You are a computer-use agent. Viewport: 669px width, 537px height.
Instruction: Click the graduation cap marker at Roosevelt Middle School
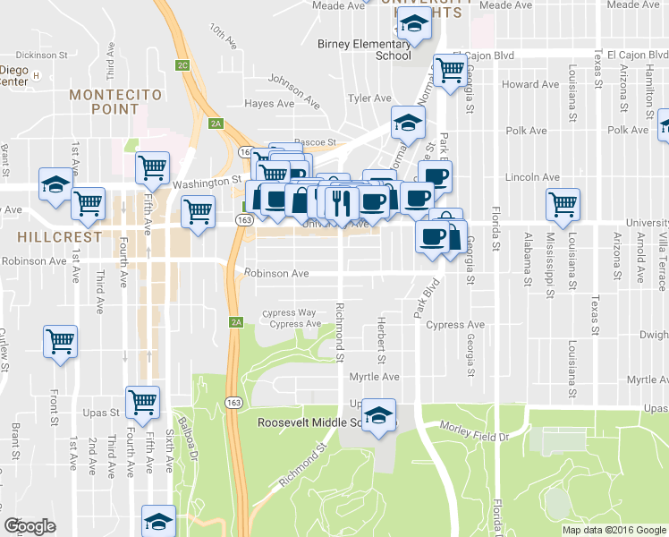click(x=380, y=414)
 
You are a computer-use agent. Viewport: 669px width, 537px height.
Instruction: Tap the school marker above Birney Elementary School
click(x=415, y=24)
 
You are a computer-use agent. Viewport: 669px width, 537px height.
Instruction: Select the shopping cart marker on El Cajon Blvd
click(x=449, y=69)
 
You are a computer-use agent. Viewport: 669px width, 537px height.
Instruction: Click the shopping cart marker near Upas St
click(x=143, y=402)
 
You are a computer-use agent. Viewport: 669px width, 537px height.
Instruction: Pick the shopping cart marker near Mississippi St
click(x=563, y=203)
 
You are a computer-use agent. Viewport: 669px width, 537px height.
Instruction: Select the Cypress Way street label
click(x=289, y=313)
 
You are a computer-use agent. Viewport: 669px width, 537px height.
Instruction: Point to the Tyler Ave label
click(x=370, y=98)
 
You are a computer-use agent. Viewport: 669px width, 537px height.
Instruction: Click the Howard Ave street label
click(x=529, y=84)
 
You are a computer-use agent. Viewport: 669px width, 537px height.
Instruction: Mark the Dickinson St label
click(x=42, y=55)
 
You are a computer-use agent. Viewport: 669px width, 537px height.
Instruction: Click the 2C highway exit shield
click(x=182, y=65)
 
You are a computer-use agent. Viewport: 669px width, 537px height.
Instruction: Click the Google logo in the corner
click(x=30, y=526)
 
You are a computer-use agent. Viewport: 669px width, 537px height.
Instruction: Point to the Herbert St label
click(x=381, y=341)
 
